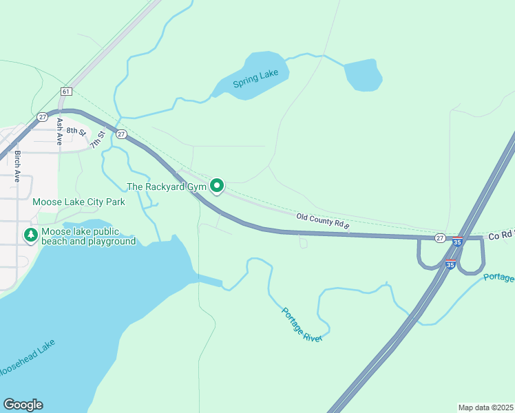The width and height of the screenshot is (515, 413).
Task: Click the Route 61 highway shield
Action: coord(65,91)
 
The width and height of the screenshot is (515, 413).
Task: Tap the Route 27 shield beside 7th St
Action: coord(121,134)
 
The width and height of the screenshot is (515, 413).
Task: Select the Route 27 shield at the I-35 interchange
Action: coord(439,237)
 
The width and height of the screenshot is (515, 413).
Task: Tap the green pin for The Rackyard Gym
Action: coord(218,186)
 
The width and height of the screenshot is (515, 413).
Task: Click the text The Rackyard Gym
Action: coord(167,187)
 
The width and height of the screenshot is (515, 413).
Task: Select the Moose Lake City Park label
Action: coord(78,202)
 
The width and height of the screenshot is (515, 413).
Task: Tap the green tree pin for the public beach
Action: coord(30,235)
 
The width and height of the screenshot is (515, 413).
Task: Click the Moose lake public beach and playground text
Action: coord(88,237)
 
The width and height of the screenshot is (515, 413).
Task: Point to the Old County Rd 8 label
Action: coord(323,220)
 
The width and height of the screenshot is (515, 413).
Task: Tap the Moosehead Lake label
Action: coord(26,358)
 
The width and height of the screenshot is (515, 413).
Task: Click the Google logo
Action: coord(23,405)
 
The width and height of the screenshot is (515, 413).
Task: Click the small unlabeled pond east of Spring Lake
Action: coord(363,74)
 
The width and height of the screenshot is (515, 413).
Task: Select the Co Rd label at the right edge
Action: coord(501,235)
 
